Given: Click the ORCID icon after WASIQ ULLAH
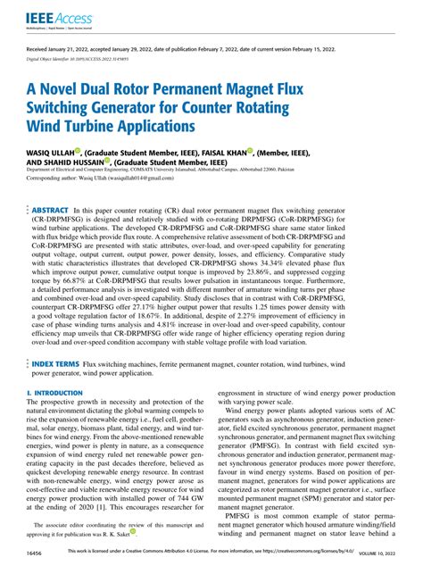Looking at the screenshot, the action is tap(78, 153).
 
